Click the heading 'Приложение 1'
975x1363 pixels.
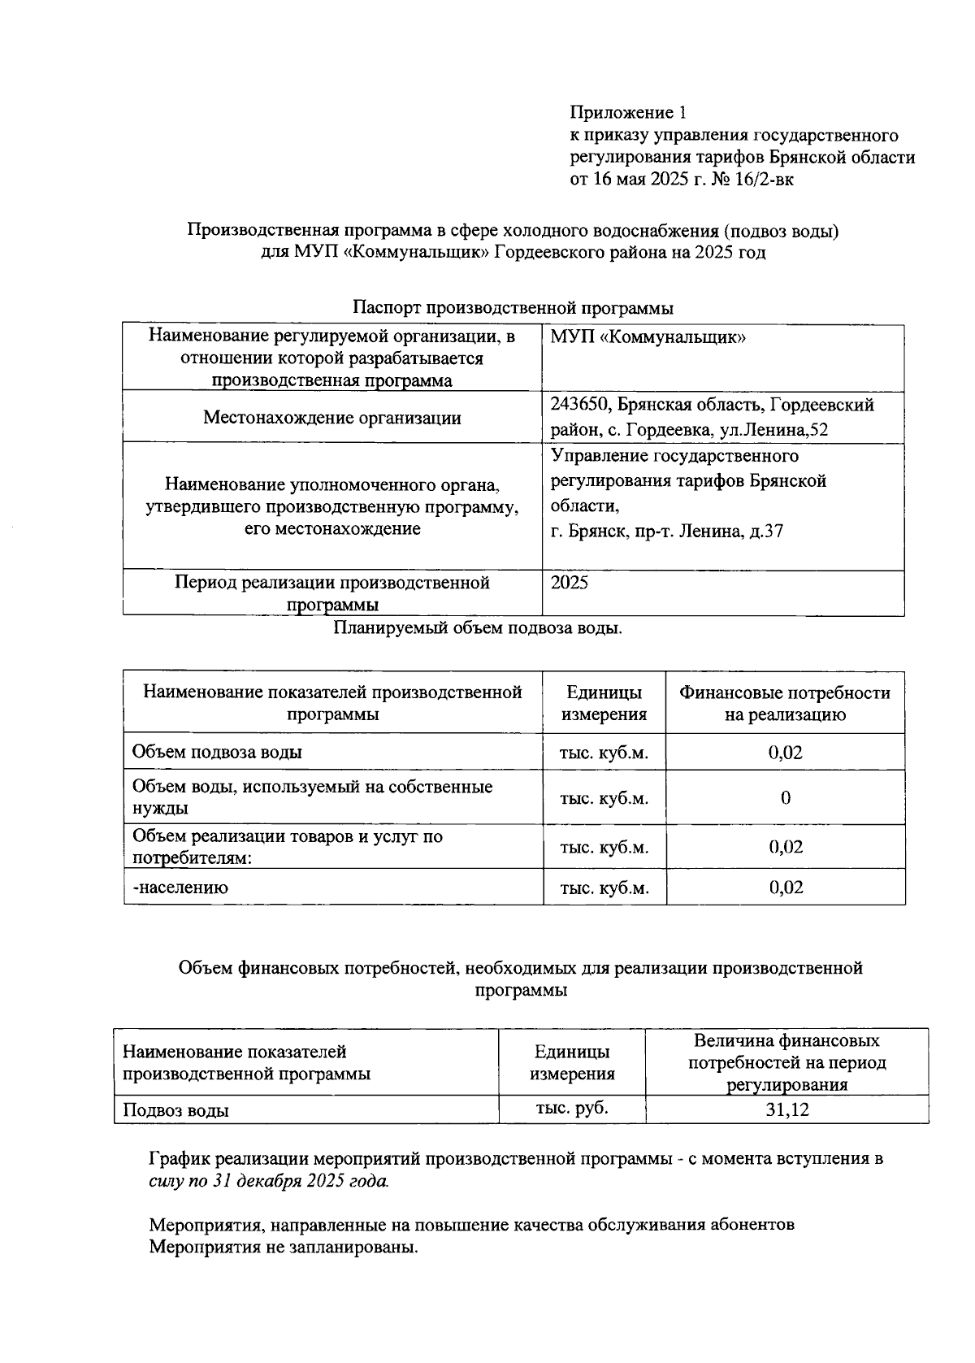click(628, 112)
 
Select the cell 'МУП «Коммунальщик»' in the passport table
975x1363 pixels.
click(648, 337)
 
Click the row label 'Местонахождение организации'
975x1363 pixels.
click(331, 418)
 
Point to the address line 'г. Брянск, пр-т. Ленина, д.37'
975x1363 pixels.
click(666, 532)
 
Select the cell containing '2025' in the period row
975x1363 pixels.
click(570, 584)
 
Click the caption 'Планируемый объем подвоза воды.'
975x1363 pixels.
click(478, 628)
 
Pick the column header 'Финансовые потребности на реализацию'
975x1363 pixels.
click(784, 703)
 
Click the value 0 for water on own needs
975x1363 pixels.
click(785, 798)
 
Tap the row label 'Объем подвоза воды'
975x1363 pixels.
click(217, 752)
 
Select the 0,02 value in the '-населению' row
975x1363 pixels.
click(786, 888)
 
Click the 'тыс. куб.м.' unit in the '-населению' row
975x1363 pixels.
click(604, 888)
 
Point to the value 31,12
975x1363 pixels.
click(786, 1109)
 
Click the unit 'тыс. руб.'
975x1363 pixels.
click(572, 1108)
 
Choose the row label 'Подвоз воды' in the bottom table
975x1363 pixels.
click(175, 1110)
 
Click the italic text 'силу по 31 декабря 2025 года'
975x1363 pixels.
click(268, 1181)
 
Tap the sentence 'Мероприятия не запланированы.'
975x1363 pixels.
click(283, 1247)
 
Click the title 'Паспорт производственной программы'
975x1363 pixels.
click(513, 309)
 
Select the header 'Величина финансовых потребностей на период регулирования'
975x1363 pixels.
click(786, 1062)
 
